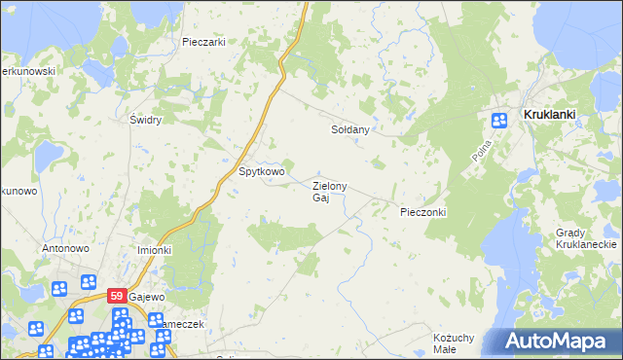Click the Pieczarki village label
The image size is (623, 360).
(203, 42)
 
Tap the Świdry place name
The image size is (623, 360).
(145, 121)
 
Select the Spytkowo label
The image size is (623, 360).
(262, 172)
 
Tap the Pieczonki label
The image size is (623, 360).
(422, 211)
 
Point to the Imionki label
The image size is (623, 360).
(154, 250)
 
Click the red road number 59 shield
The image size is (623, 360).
(116, 296)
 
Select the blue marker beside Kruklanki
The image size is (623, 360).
(499, 121)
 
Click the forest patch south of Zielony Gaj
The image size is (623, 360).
(282, 234)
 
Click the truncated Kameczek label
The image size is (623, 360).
(179, 324)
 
